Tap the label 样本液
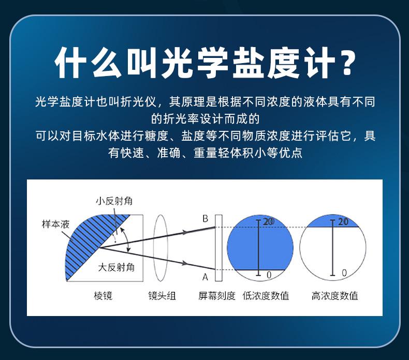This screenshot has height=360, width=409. (55, 224)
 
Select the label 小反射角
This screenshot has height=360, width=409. (114, 201)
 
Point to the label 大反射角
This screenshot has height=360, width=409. (116, 267)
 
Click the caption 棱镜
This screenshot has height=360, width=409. (103, 296)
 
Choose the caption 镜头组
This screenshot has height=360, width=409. (162, 296)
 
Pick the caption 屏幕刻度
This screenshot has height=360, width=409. (217, 296)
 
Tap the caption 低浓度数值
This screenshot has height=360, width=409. (266, 296)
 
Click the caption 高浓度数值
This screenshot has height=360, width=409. (334, 296)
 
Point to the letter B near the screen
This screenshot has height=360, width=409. (206, 218)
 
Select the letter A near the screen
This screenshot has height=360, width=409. (206, 277)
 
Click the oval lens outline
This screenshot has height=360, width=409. (154, 248)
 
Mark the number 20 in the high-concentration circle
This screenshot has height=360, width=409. (343, 222)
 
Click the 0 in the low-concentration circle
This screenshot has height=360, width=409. (269, 275)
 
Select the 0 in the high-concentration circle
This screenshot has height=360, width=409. (344, 273)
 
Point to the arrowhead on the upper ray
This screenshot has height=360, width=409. (185, 232)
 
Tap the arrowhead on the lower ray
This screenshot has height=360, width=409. (185, 263)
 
